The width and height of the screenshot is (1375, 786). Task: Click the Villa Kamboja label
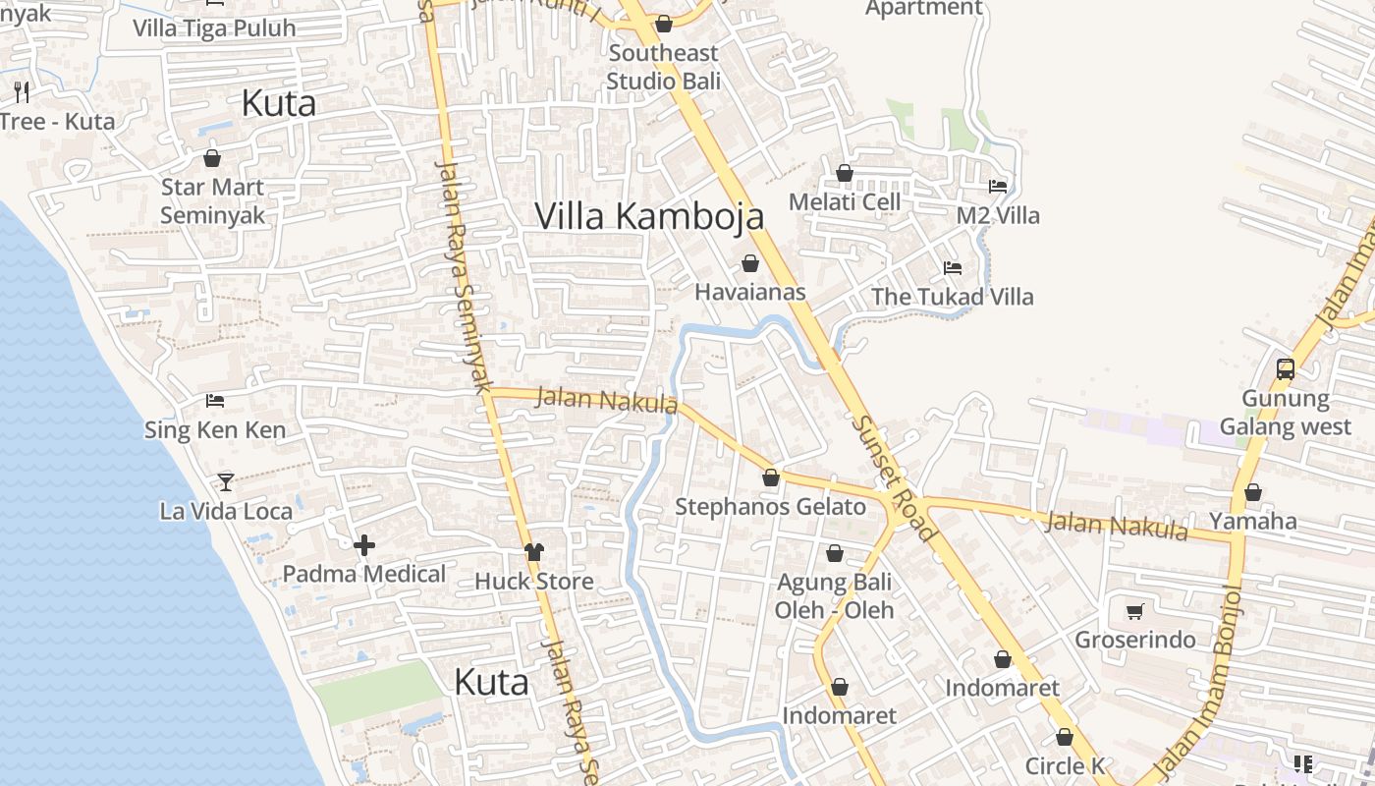[x=649, y=216]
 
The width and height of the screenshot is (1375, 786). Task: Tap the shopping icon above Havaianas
[x=750, y=263]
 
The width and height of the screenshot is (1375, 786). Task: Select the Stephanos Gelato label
[x=770, y=507]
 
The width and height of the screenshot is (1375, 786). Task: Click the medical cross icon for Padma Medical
[x=364, y=545]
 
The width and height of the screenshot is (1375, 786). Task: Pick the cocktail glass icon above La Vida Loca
[x=226, y=481]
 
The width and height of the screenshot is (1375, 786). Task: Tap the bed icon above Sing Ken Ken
[x=215, y=400]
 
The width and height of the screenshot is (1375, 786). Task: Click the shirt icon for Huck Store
[x=534, y=552]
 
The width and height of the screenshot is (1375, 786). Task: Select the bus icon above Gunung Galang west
[x=1285, y=369]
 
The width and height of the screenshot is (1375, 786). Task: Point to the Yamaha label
[x=1252, y=521]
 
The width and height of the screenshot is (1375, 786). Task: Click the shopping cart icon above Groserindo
[x=1135, y=611]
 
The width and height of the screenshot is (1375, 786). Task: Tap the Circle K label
[x=1065, y=765]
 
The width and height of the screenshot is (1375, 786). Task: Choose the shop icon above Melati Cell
[x=845, y=173]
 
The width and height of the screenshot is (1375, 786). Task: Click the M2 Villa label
[x=998, y=215]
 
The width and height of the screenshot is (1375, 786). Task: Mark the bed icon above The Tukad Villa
[x=952, y=267]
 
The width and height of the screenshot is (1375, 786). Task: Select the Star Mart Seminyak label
[x=212, y=201]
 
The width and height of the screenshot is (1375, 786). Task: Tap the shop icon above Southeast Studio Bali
[x=664, y=24]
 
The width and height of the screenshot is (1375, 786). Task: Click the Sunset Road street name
[x=894, y=477]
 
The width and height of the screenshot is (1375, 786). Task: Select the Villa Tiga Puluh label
[x=214, y=28]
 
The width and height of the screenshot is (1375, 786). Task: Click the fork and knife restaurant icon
[x=22, y=92]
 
